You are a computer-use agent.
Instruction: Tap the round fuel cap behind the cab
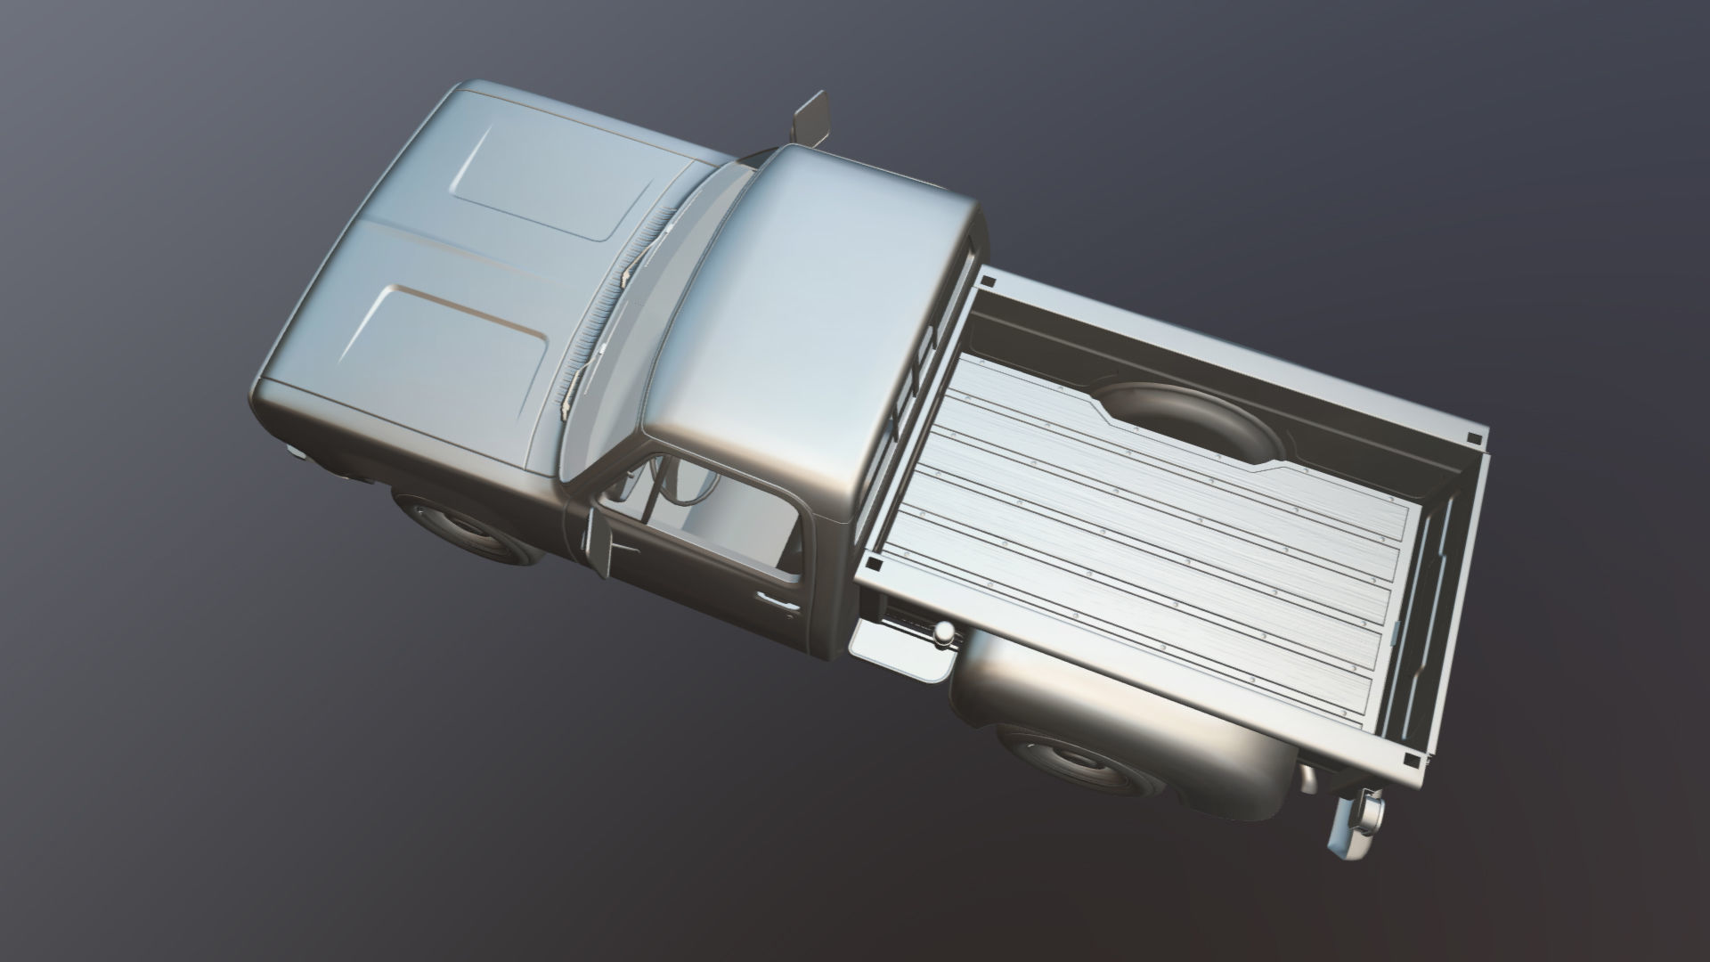(942, 632)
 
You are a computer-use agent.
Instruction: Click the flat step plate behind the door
(900, 646)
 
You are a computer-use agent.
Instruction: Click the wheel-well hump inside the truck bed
(1185, 428)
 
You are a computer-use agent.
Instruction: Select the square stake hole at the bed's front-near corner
(875, 563)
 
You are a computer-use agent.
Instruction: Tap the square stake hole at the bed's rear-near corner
(1413, 760)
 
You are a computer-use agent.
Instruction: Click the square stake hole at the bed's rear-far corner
(1475, 437)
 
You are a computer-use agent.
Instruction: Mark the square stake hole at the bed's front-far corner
(987, 281)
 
